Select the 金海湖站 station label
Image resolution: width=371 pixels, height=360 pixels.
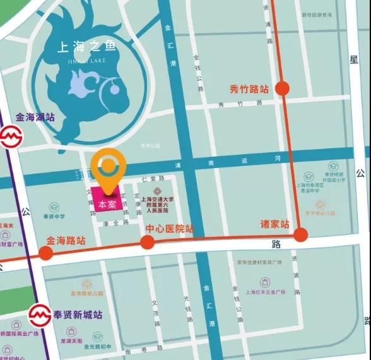point(35,117)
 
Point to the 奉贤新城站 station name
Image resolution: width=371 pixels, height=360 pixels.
point(78,314)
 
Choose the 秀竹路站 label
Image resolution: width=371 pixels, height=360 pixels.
point(249,88)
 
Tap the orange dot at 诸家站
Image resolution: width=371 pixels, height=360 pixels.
point(300,236)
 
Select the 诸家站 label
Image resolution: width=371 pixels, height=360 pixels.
point(275,224)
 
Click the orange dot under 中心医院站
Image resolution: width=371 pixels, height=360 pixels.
point(147,241)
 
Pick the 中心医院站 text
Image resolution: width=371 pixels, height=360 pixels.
point(170,229)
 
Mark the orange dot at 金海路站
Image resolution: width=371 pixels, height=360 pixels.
point(45,253)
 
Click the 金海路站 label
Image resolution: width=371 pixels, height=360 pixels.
point(66,241)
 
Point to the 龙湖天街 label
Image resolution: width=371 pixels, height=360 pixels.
point(71,341)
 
